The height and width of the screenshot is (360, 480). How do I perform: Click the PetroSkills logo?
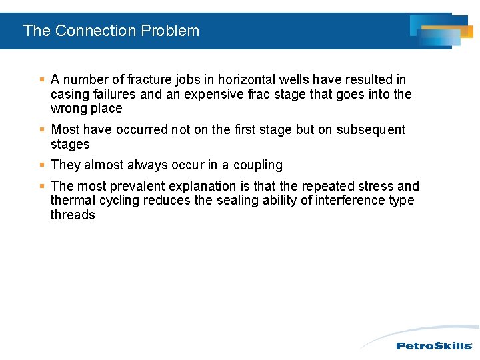click(434, 345)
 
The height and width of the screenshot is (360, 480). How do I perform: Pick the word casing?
click(69, 95)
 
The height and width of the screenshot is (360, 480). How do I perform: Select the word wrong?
click(69, 109)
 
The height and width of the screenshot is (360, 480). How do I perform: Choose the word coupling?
click(258, 165)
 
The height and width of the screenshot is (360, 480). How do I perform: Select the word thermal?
click(73, 200)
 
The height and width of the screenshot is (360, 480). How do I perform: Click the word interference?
click(347, 200)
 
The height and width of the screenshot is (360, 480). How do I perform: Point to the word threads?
click(73, 215)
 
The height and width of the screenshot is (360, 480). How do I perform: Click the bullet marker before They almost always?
click(42, 165)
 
